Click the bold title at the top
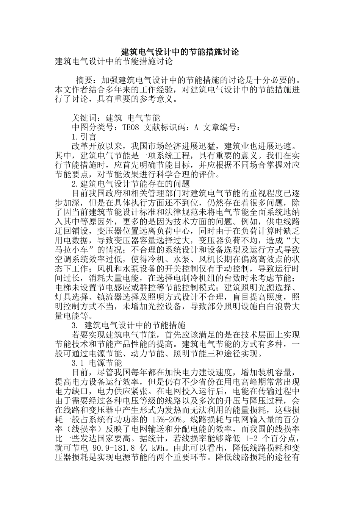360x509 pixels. point(180,52)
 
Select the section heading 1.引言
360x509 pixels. point(84,137)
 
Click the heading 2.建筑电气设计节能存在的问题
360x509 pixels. point(131,184)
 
